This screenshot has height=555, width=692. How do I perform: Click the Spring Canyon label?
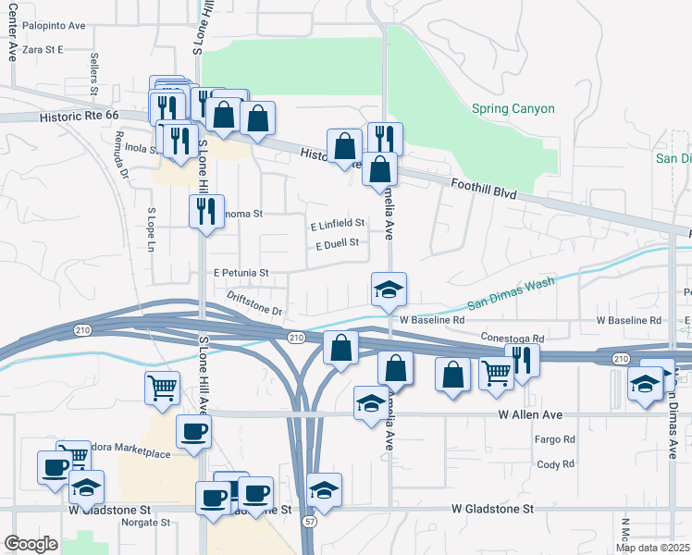(513, 109)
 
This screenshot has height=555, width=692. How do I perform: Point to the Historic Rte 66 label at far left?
(80, 117)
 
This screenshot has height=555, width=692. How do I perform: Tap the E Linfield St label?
(338, 223)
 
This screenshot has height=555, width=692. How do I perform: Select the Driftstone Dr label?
(254, 303)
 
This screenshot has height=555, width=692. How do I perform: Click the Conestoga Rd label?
(509, 338)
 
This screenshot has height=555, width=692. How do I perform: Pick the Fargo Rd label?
(556, 439)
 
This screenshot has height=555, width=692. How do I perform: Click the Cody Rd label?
(556, 464)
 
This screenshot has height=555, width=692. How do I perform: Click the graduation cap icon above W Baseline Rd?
(389, 289)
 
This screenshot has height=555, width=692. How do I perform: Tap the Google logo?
(31, 544)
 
